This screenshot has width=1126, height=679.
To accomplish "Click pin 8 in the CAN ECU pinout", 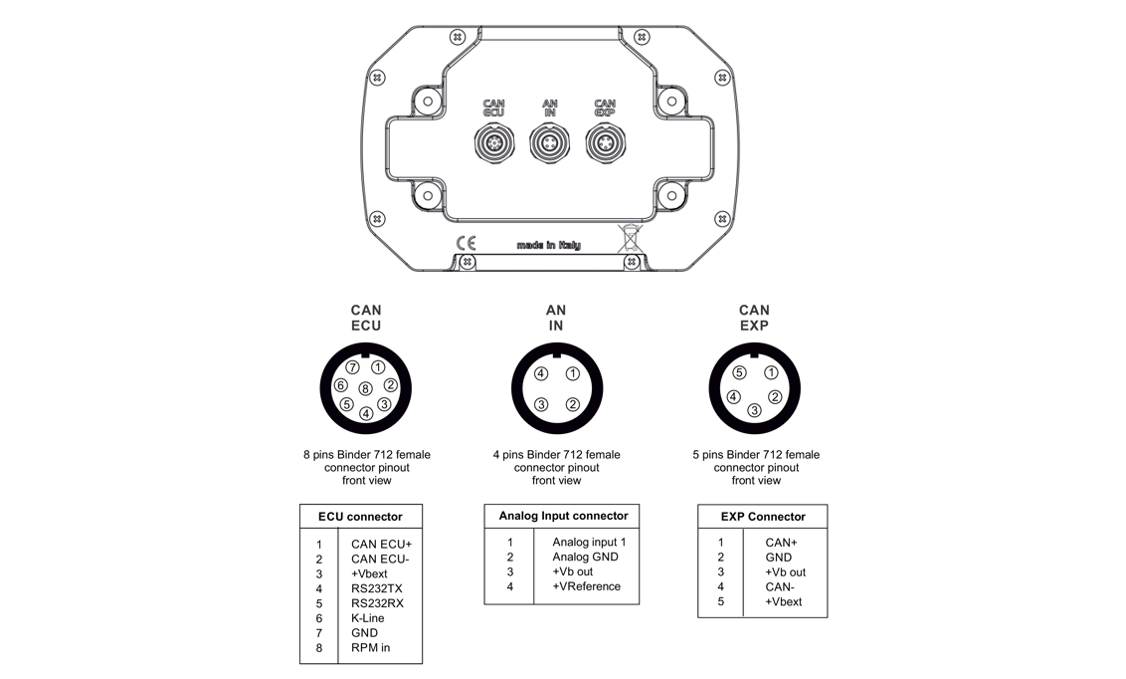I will coord(366,389).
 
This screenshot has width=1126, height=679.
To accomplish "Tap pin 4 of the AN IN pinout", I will coord(541,374).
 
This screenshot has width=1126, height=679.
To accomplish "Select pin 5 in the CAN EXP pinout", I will coord(739,373).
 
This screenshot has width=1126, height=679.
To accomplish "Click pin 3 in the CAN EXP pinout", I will coord(755,410).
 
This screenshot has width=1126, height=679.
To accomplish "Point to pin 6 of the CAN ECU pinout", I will coord(341,386).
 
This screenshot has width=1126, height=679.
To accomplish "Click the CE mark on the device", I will coord(466,243).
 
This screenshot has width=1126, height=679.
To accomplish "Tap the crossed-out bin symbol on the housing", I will coord(631,238).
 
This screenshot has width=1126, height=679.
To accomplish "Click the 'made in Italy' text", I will coord(548,245).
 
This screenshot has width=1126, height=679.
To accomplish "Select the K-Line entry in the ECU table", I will coord(367,618).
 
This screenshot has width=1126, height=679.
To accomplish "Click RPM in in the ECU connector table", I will coord(370,648).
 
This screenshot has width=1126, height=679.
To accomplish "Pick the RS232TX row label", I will coord(377,588).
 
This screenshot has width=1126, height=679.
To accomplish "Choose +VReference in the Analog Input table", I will coord(586,586).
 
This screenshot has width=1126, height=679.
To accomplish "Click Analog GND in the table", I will coord(585,557).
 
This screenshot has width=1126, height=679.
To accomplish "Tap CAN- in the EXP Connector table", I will coord(781,587).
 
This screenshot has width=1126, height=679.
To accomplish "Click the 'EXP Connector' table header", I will coord(763,517).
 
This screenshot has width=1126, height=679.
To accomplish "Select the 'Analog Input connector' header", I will coord(563,516).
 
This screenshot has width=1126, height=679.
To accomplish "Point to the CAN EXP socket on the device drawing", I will coord(604,145).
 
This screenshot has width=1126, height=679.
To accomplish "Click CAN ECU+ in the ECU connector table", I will coord(381,544).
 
